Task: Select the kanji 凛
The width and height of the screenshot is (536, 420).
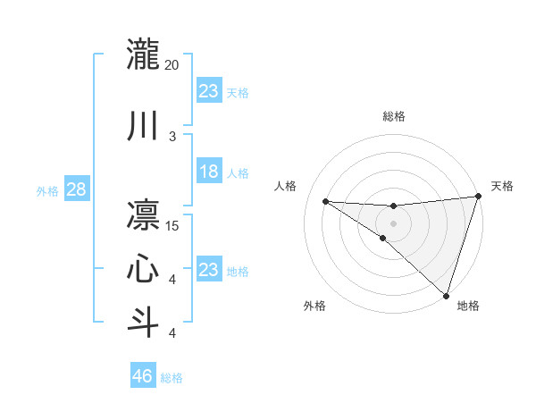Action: [144, 215]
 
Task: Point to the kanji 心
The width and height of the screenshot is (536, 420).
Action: [144, 269]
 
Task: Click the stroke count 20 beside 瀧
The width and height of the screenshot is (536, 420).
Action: [172, 65]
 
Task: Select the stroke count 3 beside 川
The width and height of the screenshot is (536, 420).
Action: [172, 137]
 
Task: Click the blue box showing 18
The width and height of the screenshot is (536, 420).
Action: [209, 172]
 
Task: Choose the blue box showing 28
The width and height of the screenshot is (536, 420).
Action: [76, 190]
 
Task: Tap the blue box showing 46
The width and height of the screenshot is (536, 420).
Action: [143, 377]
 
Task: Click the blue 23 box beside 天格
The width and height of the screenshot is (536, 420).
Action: [209, 91]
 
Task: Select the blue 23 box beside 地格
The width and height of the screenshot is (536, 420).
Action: [209, 270]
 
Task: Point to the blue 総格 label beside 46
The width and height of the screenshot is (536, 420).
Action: [172, 378]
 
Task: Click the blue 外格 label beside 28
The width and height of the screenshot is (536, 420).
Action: [47, 191]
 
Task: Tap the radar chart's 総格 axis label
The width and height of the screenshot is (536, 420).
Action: [393, 116]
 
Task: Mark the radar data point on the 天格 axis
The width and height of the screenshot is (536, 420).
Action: [478, 197]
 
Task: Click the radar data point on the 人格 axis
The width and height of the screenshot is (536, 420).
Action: [325, 201]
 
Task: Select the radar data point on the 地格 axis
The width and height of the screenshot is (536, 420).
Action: [446, 295]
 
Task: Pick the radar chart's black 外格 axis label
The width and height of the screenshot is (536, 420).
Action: [314, 306]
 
